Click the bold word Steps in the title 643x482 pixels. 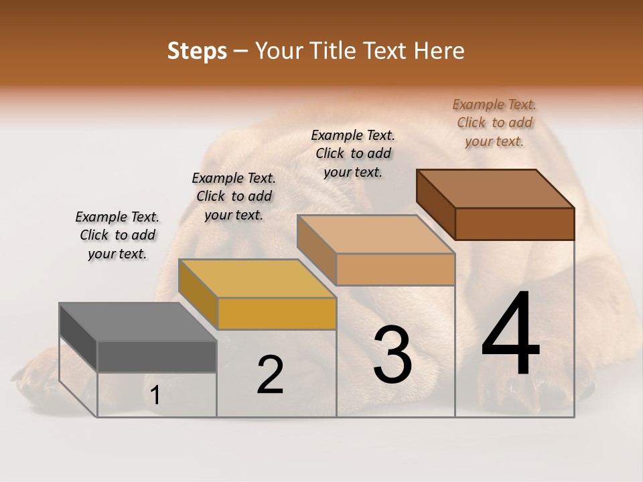pyautogui.click(x=196, y=51)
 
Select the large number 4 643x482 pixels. pyautogui.click(x=510, y=334)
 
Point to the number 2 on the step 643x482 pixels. pyautogui.click(x=270, y=375)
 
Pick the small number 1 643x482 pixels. pyautogui.click(x=155, y=396)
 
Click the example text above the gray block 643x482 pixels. pyautogui.click(x=117, y=235)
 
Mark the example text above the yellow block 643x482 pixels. pyautogui.click(x=234, y=196)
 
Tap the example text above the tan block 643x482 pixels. pyautogui.click(x=353, y=153)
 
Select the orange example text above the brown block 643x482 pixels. pyautogui.click(x=494, y=123)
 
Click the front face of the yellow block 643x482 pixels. pyautogui.click(x=277, y=313)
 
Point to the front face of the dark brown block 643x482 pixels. pyautogui.click(x=514, y=224)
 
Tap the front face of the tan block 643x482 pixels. pyautogui.click(x=395, y=269)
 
